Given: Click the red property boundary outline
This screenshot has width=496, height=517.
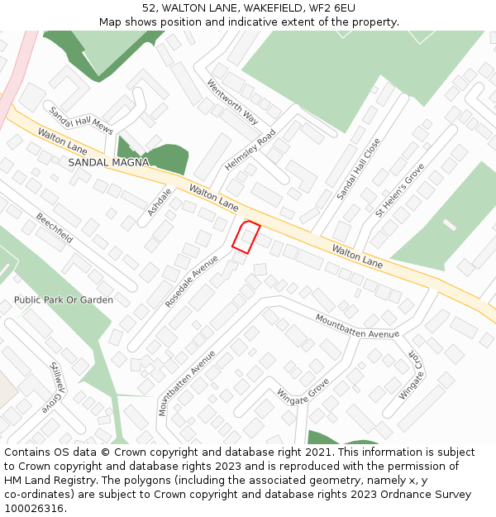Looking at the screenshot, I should (x=246, y=237).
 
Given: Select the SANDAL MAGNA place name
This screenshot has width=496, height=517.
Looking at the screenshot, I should (x=108, y=163).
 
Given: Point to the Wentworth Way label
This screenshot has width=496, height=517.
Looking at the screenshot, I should (x=233, y=102).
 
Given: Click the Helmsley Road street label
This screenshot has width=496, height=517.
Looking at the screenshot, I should (x=250, y=150).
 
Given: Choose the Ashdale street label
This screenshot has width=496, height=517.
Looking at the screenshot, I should (x=160, y=202).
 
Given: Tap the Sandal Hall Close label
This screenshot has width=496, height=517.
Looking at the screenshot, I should (x=359, y=169).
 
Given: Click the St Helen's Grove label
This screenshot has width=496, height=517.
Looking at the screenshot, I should (x=400, y=189).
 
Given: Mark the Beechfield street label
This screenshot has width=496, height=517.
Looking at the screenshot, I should (x=54, y=227).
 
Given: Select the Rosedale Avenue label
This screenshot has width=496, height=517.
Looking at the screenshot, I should (x=192, y=281).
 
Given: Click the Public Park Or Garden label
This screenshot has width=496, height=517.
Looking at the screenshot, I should (x=64, y=299).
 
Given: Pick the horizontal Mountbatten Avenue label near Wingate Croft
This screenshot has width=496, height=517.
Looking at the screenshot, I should (x=357, y=326).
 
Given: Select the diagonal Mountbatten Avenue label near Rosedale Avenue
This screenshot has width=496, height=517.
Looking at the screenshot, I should (x=186, y=383).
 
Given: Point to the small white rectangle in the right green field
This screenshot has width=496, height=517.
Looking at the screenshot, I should (x=449, y=224).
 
